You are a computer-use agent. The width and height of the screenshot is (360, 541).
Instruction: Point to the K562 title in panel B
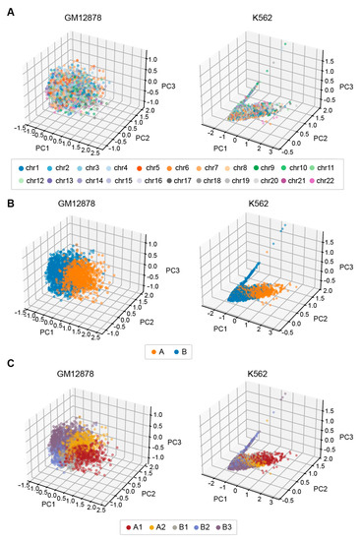(267, 193)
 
